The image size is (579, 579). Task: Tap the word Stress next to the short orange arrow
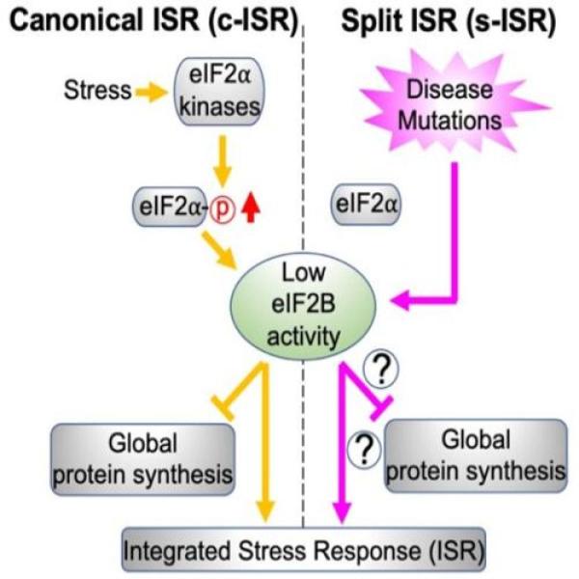tap(97, 92)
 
